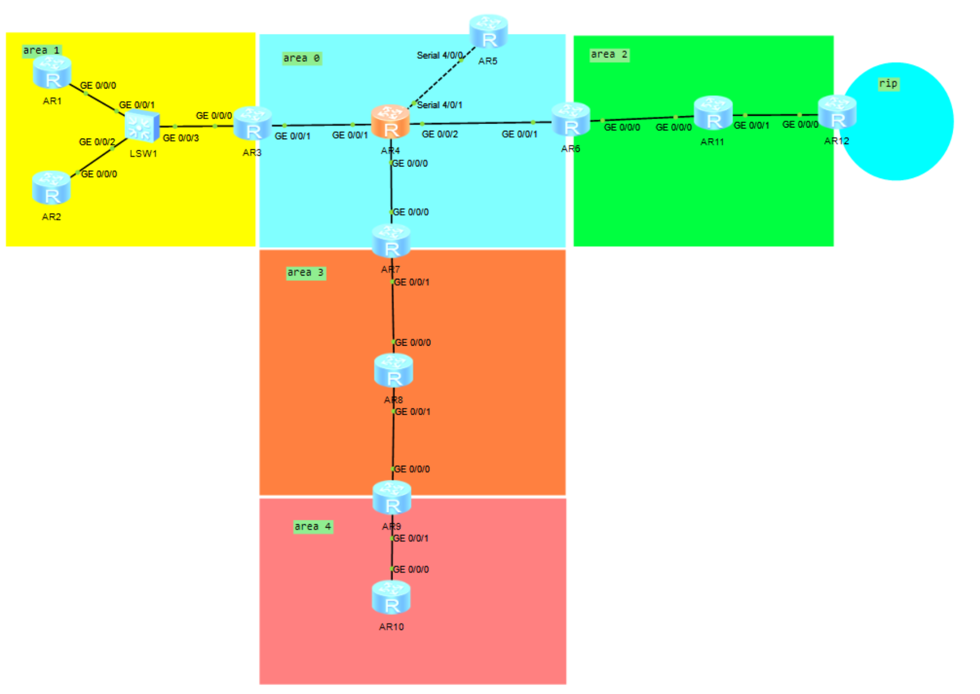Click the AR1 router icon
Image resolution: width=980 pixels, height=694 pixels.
(x=52, y=72)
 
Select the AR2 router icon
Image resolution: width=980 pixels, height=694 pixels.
(x=51, y=188)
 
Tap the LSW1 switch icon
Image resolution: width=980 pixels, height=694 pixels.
(x=142, y=126)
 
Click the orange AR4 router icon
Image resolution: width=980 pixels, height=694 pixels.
(x=390, y=122)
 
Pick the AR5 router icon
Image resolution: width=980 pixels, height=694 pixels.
(x=488, y=32)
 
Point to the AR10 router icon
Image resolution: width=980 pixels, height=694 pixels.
(x=391, y=597)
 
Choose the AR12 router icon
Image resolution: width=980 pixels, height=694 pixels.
(x=837, y=112)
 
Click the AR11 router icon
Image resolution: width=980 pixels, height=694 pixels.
(x=713, y=113)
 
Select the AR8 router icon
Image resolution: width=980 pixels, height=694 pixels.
(x=394, y=371)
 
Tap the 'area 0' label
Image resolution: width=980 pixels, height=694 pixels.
(x=301, y=58)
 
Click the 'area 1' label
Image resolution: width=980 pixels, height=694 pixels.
(x=41, y=51)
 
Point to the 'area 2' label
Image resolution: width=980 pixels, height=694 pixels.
(x=609, y=55)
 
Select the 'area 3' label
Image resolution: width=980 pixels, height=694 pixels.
(x=305, y=273)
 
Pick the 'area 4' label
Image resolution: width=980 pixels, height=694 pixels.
(x=312, y=526)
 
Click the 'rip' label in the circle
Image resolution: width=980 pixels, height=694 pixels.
(x=888, y=83)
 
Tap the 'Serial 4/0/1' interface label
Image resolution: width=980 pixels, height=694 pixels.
(x=439, y=105)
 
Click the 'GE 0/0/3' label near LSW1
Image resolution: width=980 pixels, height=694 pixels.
(x=180, y=138)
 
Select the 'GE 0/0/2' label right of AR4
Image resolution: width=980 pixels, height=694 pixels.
(x=440, y=134)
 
